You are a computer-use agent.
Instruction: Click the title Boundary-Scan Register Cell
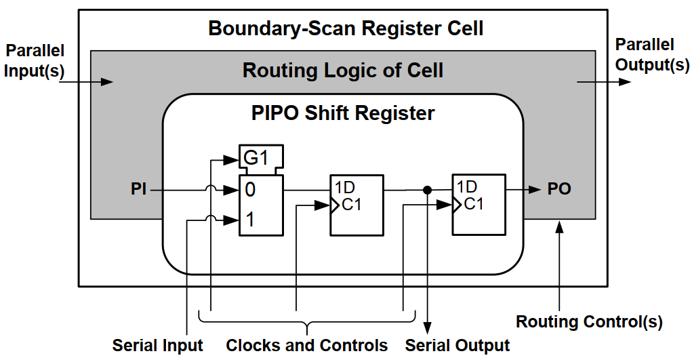(346, 29)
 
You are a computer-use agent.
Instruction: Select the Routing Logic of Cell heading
(343, 71)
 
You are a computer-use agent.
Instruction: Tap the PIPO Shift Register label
(343, 113)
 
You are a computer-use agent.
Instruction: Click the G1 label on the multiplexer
(256, 159)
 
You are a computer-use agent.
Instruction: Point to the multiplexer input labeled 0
(250, 191)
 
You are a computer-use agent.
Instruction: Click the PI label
(139, 191)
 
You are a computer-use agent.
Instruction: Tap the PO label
(559, 190)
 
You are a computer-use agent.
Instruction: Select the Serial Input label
(157, 345)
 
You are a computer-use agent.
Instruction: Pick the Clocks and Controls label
(307, 345)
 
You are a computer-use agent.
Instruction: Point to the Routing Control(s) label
(589, 321)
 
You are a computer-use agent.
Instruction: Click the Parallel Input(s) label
(35, 60)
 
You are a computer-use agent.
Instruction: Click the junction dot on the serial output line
(428, 191)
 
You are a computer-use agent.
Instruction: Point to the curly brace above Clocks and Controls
(307, 321)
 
